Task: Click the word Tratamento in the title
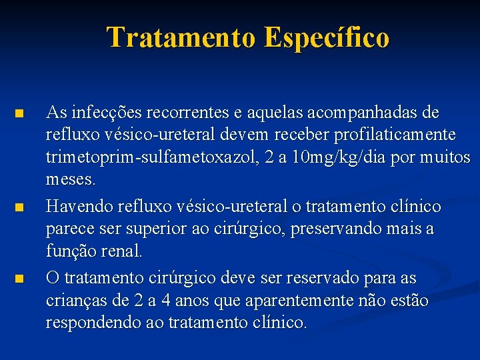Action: [x=181, y=38]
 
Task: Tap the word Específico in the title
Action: [x=327, y=38]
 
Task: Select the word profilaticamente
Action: [x=397, y=135]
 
